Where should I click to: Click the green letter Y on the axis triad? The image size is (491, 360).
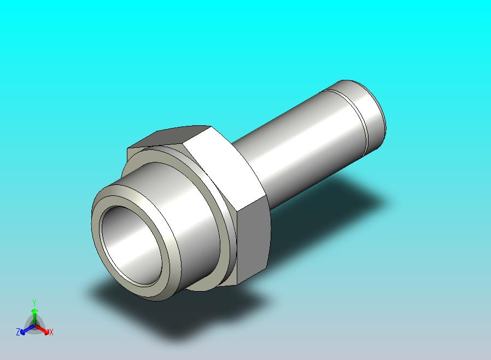(x=34, y=303)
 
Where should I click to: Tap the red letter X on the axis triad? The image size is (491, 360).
(x=51, y=332)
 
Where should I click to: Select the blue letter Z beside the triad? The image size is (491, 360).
(x=18, y=332)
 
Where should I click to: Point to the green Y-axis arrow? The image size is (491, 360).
(x=34, y=317)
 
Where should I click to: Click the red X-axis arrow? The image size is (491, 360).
(x=43, y=329)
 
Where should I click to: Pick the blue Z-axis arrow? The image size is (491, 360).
(x=27, y=329)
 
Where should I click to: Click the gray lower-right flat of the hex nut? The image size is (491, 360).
(x=253, y=241)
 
